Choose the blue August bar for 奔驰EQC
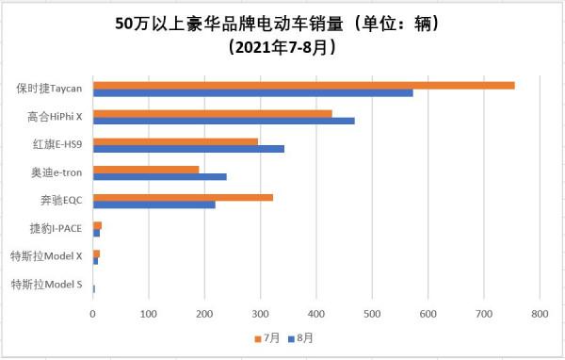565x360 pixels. point(153,205)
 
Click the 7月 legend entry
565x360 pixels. point(267,337)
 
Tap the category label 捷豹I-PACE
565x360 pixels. point(58,229)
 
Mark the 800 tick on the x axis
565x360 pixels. point(540,312)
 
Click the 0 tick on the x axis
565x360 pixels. point(92,312)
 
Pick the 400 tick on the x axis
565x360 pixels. point(316,312)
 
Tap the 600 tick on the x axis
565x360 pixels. point(428,312)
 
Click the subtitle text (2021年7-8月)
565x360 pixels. point(282,45)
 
